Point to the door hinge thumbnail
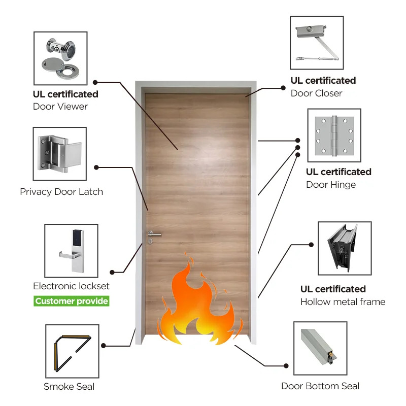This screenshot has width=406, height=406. click(334, 135)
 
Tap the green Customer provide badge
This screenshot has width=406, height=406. click(72, 301)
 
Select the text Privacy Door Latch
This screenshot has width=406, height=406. click(61, 192)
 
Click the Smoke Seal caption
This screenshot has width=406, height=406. click(69, 387)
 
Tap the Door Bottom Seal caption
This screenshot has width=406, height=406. click(320, 386)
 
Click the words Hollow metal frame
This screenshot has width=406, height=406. click(343, 302)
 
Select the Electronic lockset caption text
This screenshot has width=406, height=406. click(71, 286)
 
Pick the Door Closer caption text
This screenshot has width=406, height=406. click(316, 93)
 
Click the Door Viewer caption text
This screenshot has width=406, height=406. click(60, 107)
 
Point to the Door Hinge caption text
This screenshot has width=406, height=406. click(331, 185)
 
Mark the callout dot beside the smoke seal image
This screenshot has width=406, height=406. click(104, 346)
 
